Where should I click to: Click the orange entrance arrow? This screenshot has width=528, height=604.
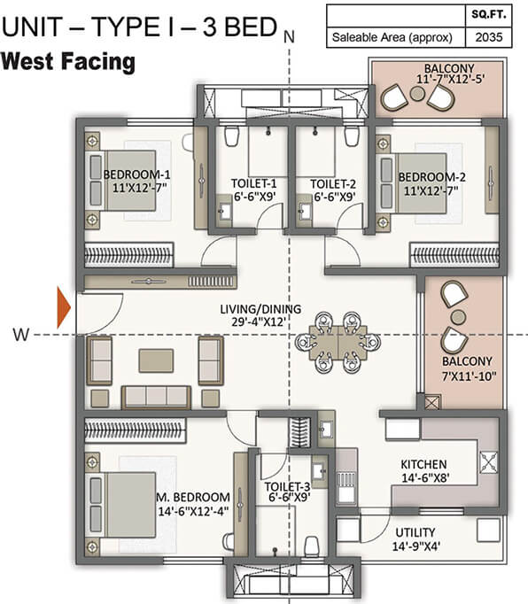click(x=64, y=307)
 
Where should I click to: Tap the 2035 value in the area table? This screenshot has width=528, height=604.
click(x=489, y=37)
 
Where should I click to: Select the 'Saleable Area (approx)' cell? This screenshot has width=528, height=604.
click(x=392, y=37)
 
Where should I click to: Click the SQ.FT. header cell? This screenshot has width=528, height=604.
click(x=489, y=15)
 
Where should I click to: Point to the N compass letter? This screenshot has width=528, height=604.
click(x=289, y=36)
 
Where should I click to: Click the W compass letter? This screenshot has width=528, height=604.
click(x=20, y=335)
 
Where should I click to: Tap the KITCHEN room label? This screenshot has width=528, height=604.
click(x=424, y=464)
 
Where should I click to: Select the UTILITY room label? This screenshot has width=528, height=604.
click(x=415, y=532)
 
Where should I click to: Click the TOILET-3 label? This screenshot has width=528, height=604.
click(x=287, y=487)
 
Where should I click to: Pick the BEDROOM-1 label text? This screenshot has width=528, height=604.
click(x=136, y=174)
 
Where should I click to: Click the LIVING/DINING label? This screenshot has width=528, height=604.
click(x=260, y=309)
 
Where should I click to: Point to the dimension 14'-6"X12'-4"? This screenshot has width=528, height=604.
click(x=193, y=511)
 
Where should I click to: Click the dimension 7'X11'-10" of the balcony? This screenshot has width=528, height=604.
click(x=469, y=376)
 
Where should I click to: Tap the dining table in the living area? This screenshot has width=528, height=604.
click(x=338, y=343)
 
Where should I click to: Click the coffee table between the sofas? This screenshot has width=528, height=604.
click(x=156, y=360)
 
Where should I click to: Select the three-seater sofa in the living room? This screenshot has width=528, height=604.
click(x=156, y=397)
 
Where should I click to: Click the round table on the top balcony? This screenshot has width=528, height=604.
click(x=417, y=94)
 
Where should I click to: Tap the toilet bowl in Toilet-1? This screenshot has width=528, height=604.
click(x=231, y=136)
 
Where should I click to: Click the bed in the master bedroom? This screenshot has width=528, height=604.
click(x=122, y=505)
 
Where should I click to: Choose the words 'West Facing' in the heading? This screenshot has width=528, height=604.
click(x=68, y=62)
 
